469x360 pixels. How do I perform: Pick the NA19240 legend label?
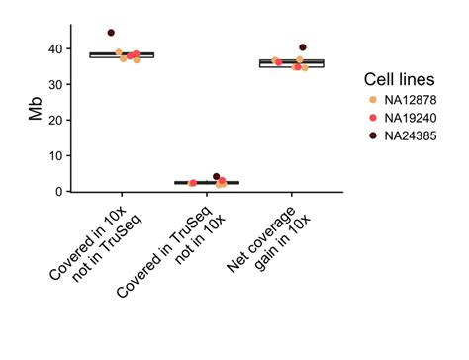pyautogui.click(x=413, y=117)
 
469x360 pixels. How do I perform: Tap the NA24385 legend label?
pyautogui.click(x=413, y=135)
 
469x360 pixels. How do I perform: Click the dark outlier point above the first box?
pyautogui.click(x=111, y=33)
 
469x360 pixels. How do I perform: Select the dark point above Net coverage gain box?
pyautogui.click(x=303, y=47)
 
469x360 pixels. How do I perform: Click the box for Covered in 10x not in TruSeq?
pyautogui.click(x=122, y=54)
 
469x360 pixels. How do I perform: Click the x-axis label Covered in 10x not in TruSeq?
pyautogui.click(x=94, y=242)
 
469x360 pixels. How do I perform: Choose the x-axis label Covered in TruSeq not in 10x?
pyautogui.click(x=173, y=252)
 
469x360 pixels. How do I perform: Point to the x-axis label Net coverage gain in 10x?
pyautogui.click(x=262, y=242)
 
